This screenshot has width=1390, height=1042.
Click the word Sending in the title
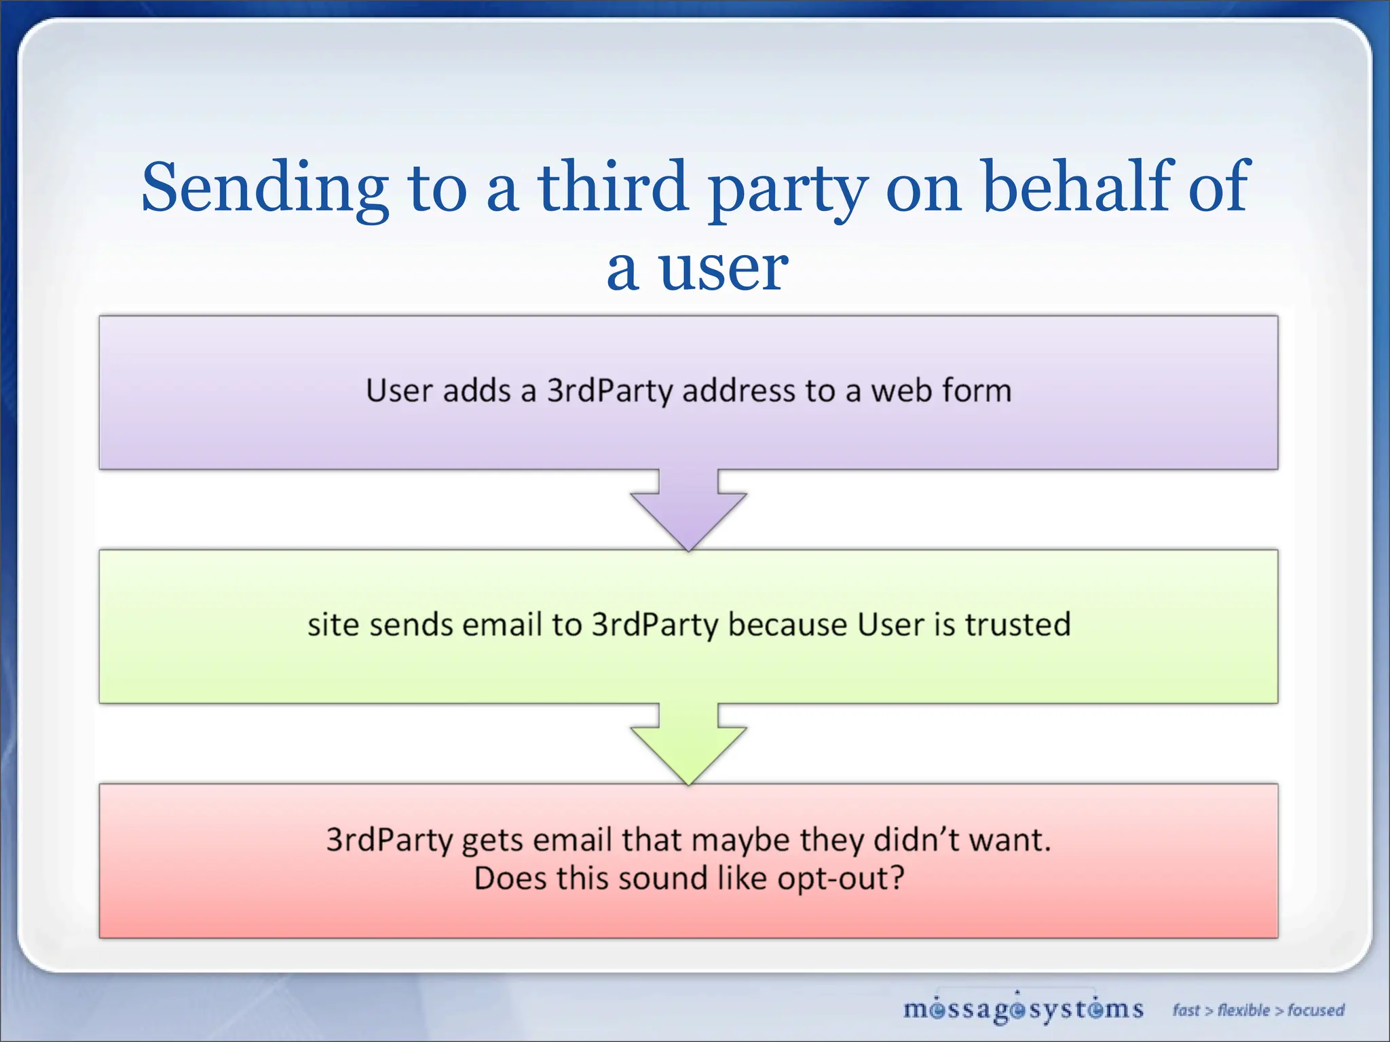click(x=265, y=187)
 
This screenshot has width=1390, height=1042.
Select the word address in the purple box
click(x=738, y=391)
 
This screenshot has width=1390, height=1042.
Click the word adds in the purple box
click(x=476, y=391)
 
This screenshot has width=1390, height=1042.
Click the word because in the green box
click(x=787, y=625)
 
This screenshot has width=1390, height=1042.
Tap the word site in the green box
click(x=333, y=625)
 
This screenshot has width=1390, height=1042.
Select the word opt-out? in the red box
click(x=841, y=879)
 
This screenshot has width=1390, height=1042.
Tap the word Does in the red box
click(x=510, y=879)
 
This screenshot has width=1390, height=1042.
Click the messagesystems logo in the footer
click(x=1023, y=1009)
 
